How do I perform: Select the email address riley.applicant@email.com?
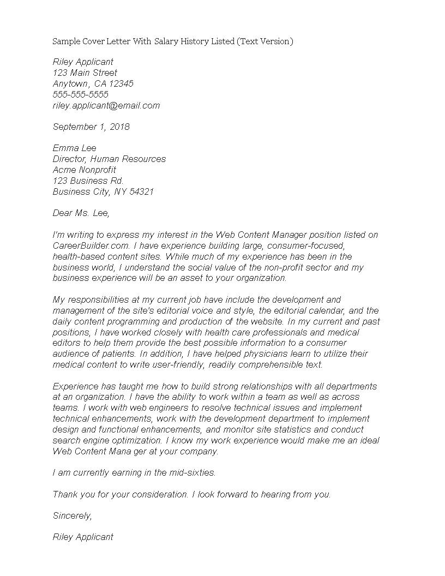tap(106, 106)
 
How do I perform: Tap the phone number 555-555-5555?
tap(81, 95)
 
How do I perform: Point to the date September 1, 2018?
tap(91, 127)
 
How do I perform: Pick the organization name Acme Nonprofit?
tap(85, 170)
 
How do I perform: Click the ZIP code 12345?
tap(121, 84)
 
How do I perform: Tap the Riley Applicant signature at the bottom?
tap(83, 537)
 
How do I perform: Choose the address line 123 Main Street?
tap(85, 73)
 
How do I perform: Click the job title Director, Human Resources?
tap(109, 159)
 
